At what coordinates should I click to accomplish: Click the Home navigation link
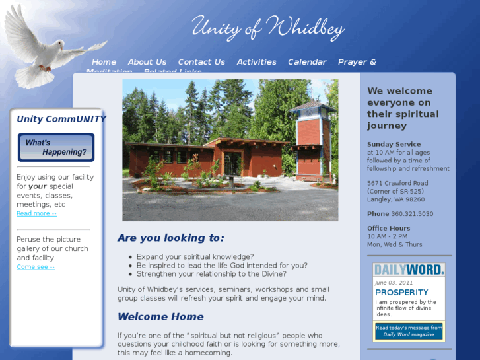(x=104, y=62)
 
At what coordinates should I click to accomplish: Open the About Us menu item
(x=147, y=62)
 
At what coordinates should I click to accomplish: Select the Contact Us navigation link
(x=201, y=62)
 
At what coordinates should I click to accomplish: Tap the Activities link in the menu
(x=256, y=62)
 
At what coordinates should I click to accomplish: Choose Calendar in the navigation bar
(x=307, y=62)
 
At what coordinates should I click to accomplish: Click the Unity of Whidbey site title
(x=268, y=27)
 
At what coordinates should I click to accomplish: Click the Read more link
(x=36, y=213)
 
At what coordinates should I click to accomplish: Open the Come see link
(x=36, y=267)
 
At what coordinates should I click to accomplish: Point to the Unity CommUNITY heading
(x=61, y=119)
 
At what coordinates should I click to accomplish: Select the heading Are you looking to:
(x=170, y=238)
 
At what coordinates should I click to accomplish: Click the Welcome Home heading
(x=160, y=316)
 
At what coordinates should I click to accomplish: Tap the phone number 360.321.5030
(x=412, y=214)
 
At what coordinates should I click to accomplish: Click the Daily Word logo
(x=409, y=270)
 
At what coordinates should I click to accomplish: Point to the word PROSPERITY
(x=401, y=292)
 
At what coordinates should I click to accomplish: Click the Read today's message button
(x=409, y=331)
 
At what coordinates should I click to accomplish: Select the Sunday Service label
(x=394, y=144)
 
